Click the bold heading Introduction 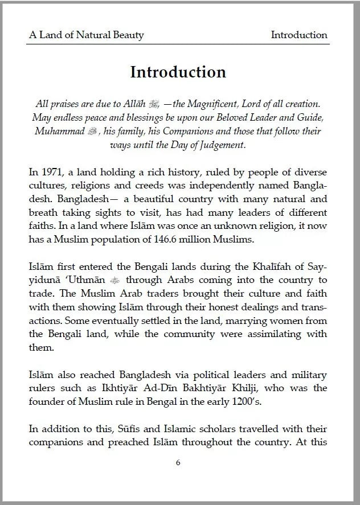[x=178, y=73]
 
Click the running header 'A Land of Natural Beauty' [x=87, y=35]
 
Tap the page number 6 [x=178, y=462]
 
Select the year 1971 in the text [x=51, y=171]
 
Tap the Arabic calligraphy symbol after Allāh [x=155, y=104]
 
